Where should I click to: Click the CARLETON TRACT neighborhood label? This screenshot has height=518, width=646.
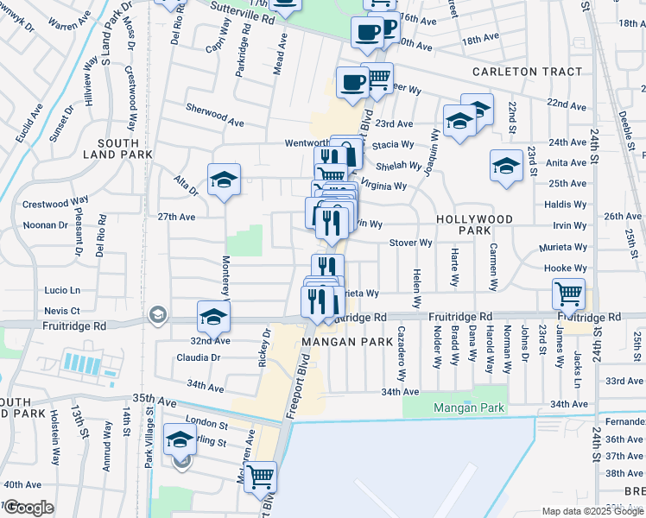(526, 72)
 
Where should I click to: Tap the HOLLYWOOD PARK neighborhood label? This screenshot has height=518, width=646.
(474, 225)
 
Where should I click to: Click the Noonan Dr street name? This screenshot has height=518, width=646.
(47, 224)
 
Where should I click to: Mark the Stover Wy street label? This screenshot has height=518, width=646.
(410, 243)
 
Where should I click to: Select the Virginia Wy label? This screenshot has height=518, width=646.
(383, 186)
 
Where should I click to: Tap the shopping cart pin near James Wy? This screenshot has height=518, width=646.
(568, 294)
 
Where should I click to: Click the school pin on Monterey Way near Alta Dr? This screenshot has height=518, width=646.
(225, 180)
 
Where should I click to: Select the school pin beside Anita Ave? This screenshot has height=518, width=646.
(506, 166)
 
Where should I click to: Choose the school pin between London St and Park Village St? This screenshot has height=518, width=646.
(180, 440)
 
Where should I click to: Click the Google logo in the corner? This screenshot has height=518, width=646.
(28, 508)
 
